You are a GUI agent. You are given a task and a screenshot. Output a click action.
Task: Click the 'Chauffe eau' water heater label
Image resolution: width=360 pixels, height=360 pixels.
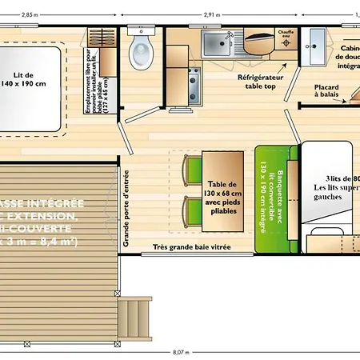pyautogui.click(x=286, y=34)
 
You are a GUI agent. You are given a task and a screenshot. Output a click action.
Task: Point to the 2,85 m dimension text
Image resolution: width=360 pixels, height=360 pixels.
pyautogui.click(x=30, y=14)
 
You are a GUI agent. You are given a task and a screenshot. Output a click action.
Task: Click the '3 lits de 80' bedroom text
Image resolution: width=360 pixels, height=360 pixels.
pyautogui.click(x=342, y=178)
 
